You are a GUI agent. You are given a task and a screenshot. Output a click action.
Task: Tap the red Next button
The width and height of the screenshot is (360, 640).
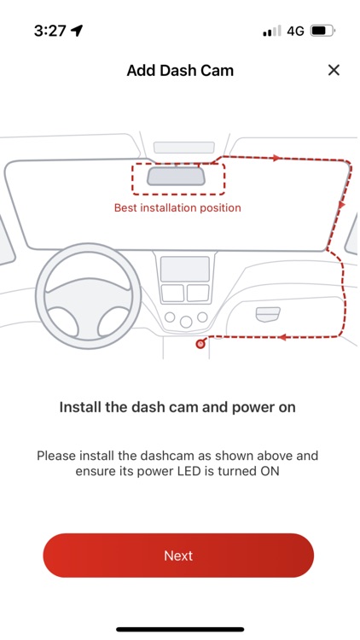tap(178, 556)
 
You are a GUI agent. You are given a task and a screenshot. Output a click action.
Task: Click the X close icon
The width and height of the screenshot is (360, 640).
tap(334, 70)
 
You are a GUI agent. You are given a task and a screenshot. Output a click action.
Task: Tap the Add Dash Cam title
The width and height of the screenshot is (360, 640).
tap(180, 70)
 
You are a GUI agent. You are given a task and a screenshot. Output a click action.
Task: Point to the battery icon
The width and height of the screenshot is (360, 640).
tap(322, 31)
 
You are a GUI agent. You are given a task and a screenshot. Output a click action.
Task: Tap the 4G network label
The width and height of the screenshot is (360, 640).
tap(295, 31)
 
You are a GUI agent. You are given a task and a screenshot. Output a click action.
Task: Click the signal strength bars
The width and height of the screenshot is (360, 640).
tap(272, 31)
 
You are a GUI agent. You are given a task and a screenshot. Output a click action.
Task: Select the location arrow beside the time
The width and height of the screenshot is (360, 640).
tap(77, 30)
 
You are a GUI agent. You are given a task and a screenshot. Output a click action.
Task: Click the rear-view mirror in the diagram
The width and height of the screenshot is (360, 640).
tap(176, 177)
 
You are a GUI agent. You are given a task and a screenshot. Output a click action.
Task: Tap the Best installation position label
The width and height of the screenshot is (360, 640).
tap(177, 207)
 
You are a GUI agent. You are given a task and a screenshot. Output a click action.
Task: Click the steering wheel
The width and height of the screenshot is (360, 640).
tap(88, 295)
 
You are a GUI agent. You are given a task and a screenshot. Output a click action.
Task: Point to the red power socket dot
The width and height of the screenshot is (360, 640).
tap(200, 344)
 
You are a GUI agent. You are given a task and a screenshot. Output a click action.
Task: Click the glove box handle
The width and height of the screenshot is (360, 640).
tap(268, 314)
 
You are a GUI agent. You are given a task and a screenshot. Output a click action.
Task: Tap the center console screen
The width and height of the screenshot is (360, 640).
tap(185, 269)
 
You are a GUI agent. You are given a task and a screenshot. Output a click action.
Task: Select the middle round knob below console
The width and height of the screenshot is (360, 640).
tap(186, 322)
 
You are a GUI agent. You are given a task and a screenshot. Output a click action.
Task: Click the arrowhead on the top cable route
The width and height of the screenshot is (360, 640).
tap(277, 158)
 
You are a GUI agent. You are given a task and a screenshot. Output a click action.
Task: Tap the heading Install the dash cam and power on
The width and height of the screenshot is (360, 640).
tap(177, 407)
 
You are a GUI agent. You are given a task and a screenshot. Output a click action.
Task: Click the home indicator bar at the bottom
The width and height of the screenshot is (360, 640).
tap(180, 630)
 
